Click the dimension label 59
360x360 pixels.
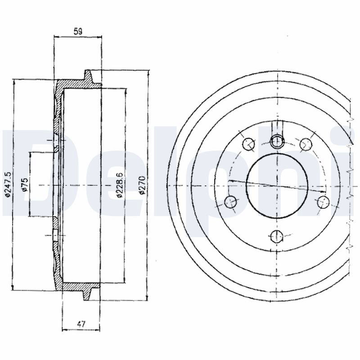78,31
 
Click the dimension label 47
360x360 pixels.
81,324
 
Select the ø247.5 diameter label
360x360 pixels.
8,184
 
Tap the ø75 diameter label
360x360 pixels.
25,184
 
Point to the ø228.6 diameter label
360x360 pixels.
120,185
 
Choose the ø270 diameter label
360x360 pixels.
142,185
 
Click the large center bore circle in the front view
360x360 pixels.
277,186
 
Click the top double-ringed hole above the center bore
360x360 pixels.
277,141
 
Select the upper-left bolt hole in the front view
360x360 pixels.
249,144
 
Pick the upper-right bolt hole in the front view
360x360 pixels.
306,144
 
